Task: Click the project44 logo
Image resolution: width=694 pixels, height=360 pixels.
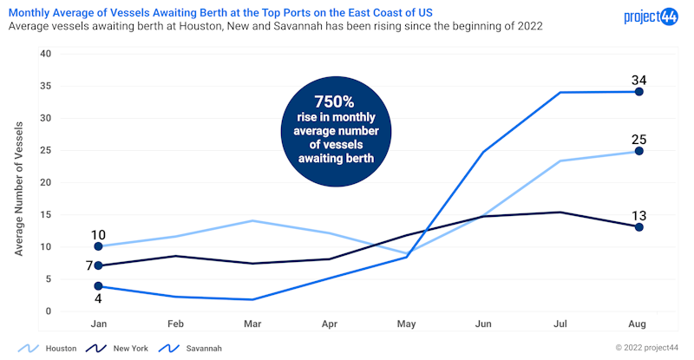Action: (x=650, y=16)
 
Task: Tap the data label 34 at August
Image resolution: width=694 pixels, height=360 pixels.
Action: (x=639, y=80)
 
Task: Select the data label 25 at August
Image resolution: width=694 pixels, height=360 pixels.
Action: (x=639, y=139)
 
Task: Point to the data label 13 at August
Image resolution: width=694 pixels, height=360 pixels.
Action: (x=639, y=216)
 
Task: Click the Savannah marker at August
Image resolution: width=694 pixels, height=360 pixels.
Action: (x=639, y=91)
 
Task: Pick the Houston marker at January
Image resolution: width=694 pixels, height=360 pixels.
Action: (x=99, y=246)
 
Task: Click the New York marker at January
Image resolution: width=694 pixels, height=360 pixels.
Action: (x=99, y=265)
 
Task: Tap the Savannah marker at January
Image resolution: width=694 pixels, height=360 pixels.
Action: (x=99, y=285)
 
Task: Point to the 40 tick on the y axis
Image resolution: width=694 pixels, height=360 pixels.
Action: (x=46, y=54)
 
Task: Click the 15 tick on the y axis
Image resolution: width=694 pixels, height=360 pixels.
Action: (x=46, y=215)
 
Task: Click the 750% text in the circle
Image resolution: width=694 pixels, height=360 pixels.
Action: (x=335, y=101)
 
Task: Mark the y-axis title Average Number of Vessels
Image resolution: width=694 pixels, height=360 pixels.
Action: (x=19, y=187)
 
